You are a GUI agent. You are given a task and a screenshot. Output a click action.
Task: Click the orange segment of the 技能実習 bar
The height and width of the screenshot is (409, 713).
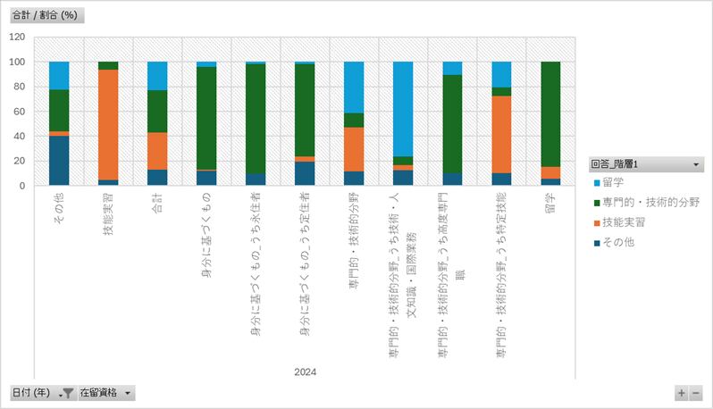108,125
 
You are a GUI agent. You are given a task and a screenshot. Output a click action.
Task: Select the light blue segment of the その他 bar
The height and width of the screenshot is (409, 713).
59,76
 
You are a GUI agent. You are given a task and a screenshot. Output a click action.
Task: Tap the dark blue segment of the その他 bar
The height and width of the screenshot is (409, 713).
59,161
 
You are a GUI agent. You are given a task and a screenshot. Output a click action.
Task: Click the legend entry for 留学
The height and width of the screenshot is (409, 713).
617,183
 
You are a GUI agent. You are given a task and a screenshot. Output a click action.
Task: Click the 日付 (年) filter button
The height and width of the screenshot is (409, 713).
41,393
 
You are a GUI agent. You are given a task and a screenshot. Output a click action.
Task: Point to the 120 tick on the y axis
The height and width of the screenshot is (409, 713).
18,38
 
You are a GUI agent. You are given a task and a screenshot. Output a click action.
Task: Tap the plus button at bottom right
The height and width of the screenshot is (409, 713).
682,393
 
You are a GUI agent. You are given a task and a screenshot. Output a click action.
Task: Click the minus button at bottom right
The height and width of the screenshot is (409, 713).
696,393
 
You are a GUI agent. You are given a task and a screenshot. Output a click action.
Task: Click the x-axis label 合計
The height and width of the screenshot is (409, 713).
157,208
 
